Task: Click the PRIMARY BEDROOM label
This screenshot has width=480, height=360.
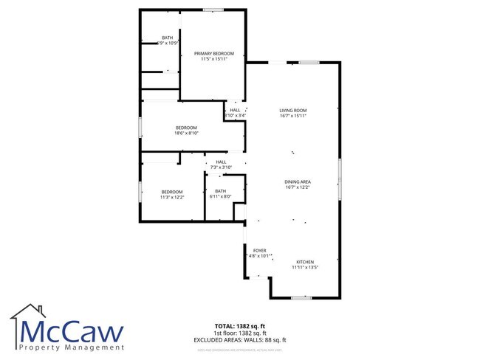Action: (214, 54)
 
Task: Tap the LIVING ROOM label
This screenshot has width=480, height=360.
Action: (292, 110)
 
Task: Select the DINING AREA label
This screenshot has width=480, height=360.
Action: (298, 181)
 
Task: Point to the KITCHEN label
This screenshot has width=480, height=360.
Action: (305, 263)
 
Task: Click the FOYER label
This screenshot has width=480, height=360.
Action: (260, 251)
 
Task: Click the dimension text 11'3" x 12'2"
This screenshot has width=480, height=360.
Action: (172, 198)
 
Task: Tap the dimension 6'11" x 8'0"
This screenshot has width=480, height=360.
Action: (221, 196)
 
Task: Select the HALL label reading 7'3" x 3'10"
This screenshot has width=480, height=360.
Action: (221, 162)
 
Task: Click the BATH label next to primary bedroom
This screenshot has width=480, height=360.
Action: (168, 38)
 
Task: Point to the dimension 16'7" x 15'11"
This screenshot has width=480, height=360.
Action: (292, 116)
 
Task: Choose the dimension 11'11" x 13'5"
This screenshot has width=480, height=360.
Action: (305, 269)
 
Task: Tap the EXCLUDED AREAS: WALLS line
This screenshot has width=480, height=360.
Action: (239, 339)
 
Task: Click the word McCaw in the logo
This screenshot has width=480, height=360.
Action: (72, 330)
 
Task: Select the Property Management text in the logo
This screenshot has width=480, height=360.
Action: (72, 347)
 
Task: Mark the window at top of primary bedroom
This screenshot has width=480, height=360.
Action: (214, 10)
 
